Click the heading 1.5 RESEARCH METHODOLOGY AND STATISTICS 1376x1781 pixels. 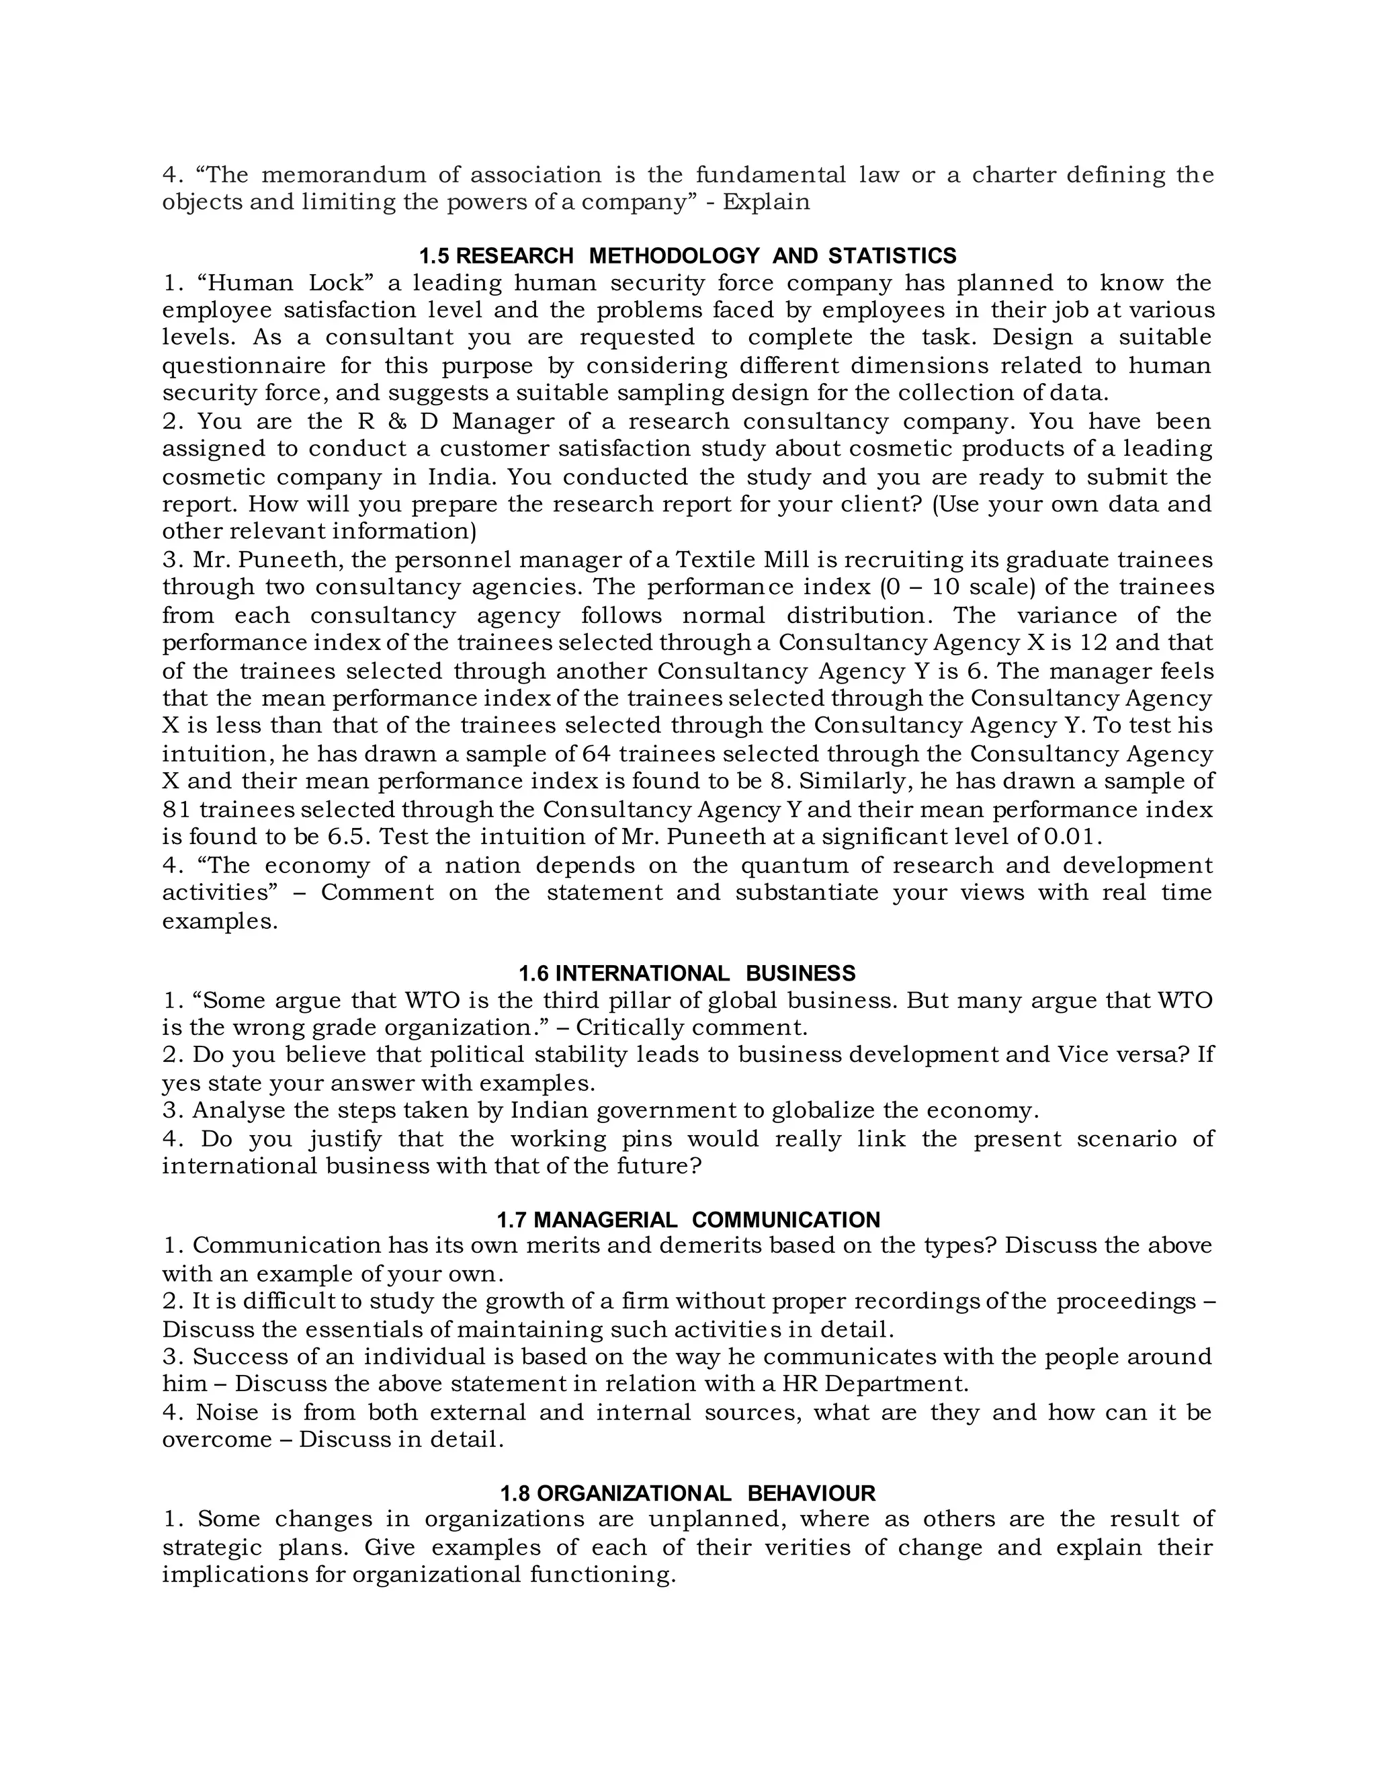[687, 256]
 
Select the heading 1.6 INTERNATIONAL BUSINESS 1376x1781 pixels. [687, 973]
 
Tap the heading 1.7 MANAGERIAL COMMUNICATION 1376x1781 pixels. [687, 1220]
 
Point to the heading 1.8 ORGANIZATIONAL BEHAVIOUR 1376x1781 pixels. [687, 1493]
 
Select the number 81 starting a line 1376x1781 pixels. [176, 810]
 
